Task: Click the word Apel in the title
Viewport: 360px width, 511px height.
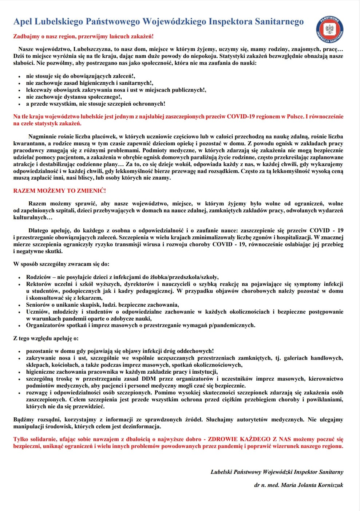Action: (x=23, y=22)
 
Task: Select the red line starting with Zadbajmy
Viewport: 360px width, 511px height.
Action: (x=83, y=36)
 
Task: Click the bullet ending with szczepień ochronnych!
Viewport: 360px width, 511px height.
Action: (x=95, y=104)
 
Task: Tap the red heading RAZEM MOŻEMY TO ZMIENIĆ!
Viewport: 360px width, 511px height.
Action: (x=60, y=190)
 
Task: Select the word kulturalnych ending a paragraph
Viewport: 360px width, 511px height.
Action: (x=30, y=217)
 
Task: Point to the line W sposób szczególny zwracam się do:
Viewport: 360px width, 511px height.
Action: (x=61, y=264)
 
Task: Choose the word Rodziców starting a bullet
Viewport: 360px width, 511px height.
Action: (x=39, y=277)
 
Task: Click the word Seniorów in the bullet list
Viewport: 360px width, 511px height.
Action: (x=38, y=305)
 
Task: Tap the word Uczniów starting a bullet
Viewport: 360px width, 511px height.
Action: (x=37, y=312)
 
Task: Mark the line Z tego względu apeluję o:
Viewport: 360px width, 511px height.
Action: (x=46, y=338)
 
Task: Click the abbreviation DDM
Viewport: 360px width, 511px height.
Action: (x=149, y=379)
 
